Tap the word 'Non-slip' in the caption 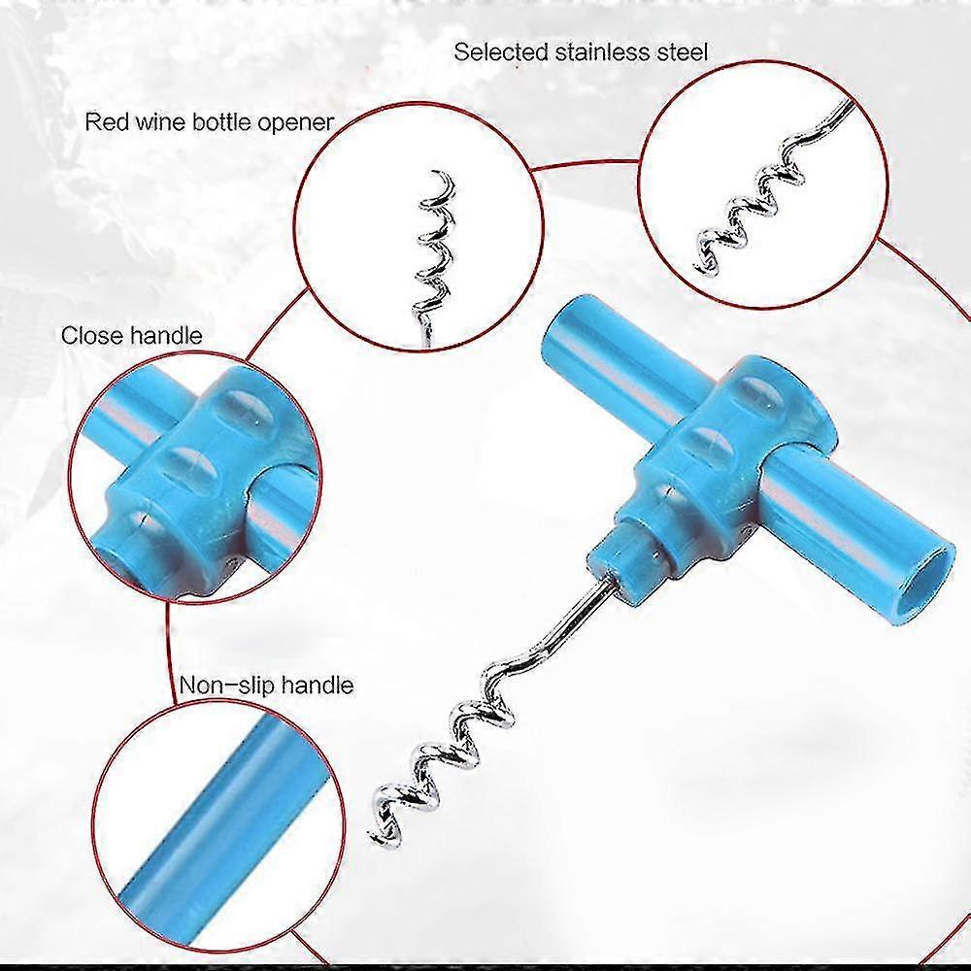click(x=226, y=685)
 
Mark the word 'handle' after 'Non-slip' click(x=318, y=685)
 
